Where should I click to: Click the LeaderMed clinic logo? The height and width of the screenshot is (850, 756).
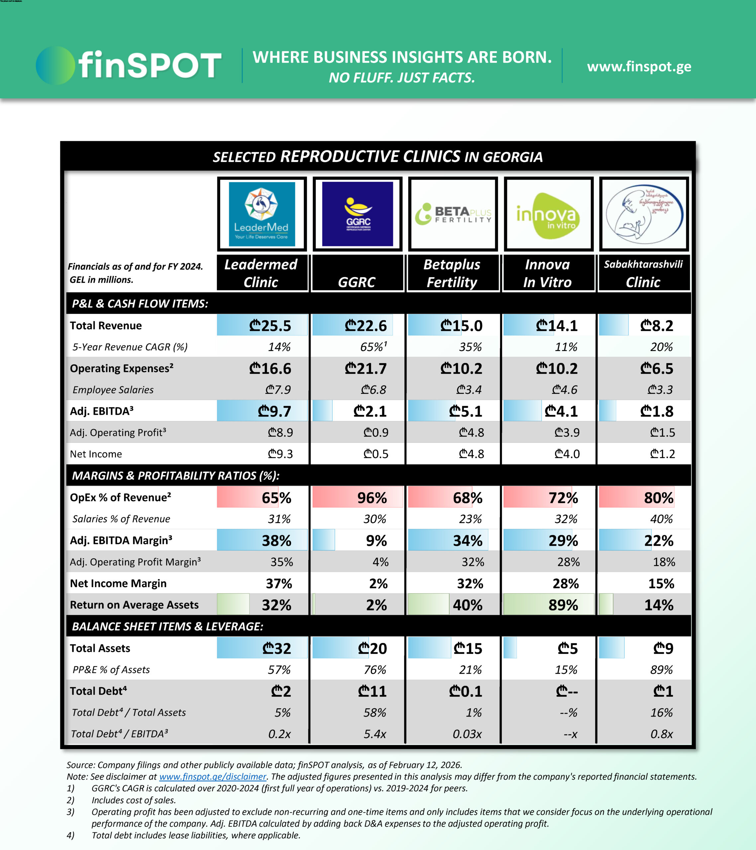click(x=262, y=214)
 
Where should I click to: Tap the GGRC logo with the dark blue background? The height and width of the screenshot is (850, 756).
click(x=357, y=214)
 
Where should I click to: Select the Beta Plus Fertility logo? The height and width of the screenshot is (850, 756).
click(x=453, y=214)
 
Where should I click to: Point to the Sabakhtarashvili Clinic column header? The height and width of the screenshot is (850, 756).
click(x=643, y=273)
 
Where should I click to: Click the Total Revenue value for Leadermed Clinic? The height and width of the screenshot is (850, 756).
click(x=270, y=326)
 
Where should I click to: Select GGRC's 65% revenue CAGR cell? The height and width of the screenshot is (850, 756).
click(x=373, y=347)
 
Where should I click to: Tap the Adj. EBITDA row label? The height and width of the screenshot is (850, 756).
click(x=102, y=411)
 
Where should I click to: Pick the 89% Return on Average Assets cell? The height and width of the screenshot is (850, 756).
click(x=563, y=605)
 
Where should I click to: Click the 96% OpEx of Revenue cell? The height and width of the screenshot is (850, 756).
click(x=372, y=498)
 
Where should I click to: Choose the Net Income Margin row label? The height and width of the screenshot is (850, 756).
click(x=118, y=583)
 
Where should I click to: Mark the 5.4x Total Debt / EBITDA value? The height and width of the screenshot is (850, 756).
click(x=375, y=734)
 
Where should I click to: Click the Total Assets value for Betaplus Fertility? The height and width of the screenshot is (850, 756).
click(x=468, y=648)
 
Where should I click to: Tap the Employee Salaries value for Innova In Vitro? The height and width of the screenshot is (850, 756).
click(x=565, y=390)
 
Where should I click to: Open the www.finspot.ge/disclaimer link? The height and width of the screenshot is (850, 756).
click(x=213, y=776)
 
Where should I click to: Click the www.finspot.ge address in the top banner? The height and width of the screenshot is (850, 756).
click(x=639, y=66)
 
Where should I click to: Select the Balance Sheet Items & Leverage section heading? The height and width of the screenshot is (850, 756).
click(x=167, y=626)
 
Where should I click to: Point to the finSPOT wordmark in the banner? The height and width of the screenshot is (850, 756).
click(x=150, y=65)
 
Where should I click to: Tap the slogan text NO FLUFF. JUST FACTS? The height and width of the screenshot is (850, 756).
click(x=402, y=78)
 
